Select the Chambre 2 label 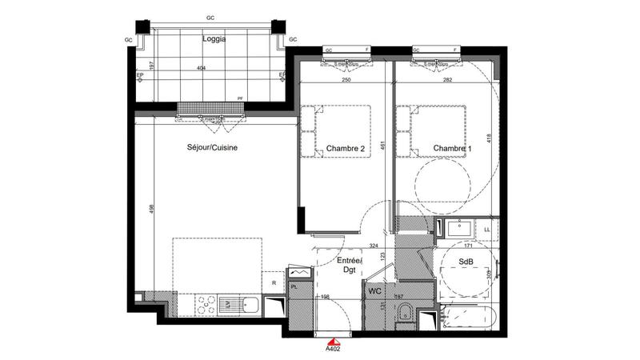pos(346,149)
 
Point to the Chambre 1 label pos(453,149)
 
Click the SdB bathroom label pos(465,262)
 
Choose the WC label pos(375,291)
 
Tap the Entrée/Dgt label pos(349,266)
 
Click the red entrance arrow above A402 pos(330,339)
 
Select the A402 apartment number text pos(331,349)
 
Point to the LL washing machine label pos(486,231)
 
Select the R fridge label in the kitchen pos(274,282)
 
